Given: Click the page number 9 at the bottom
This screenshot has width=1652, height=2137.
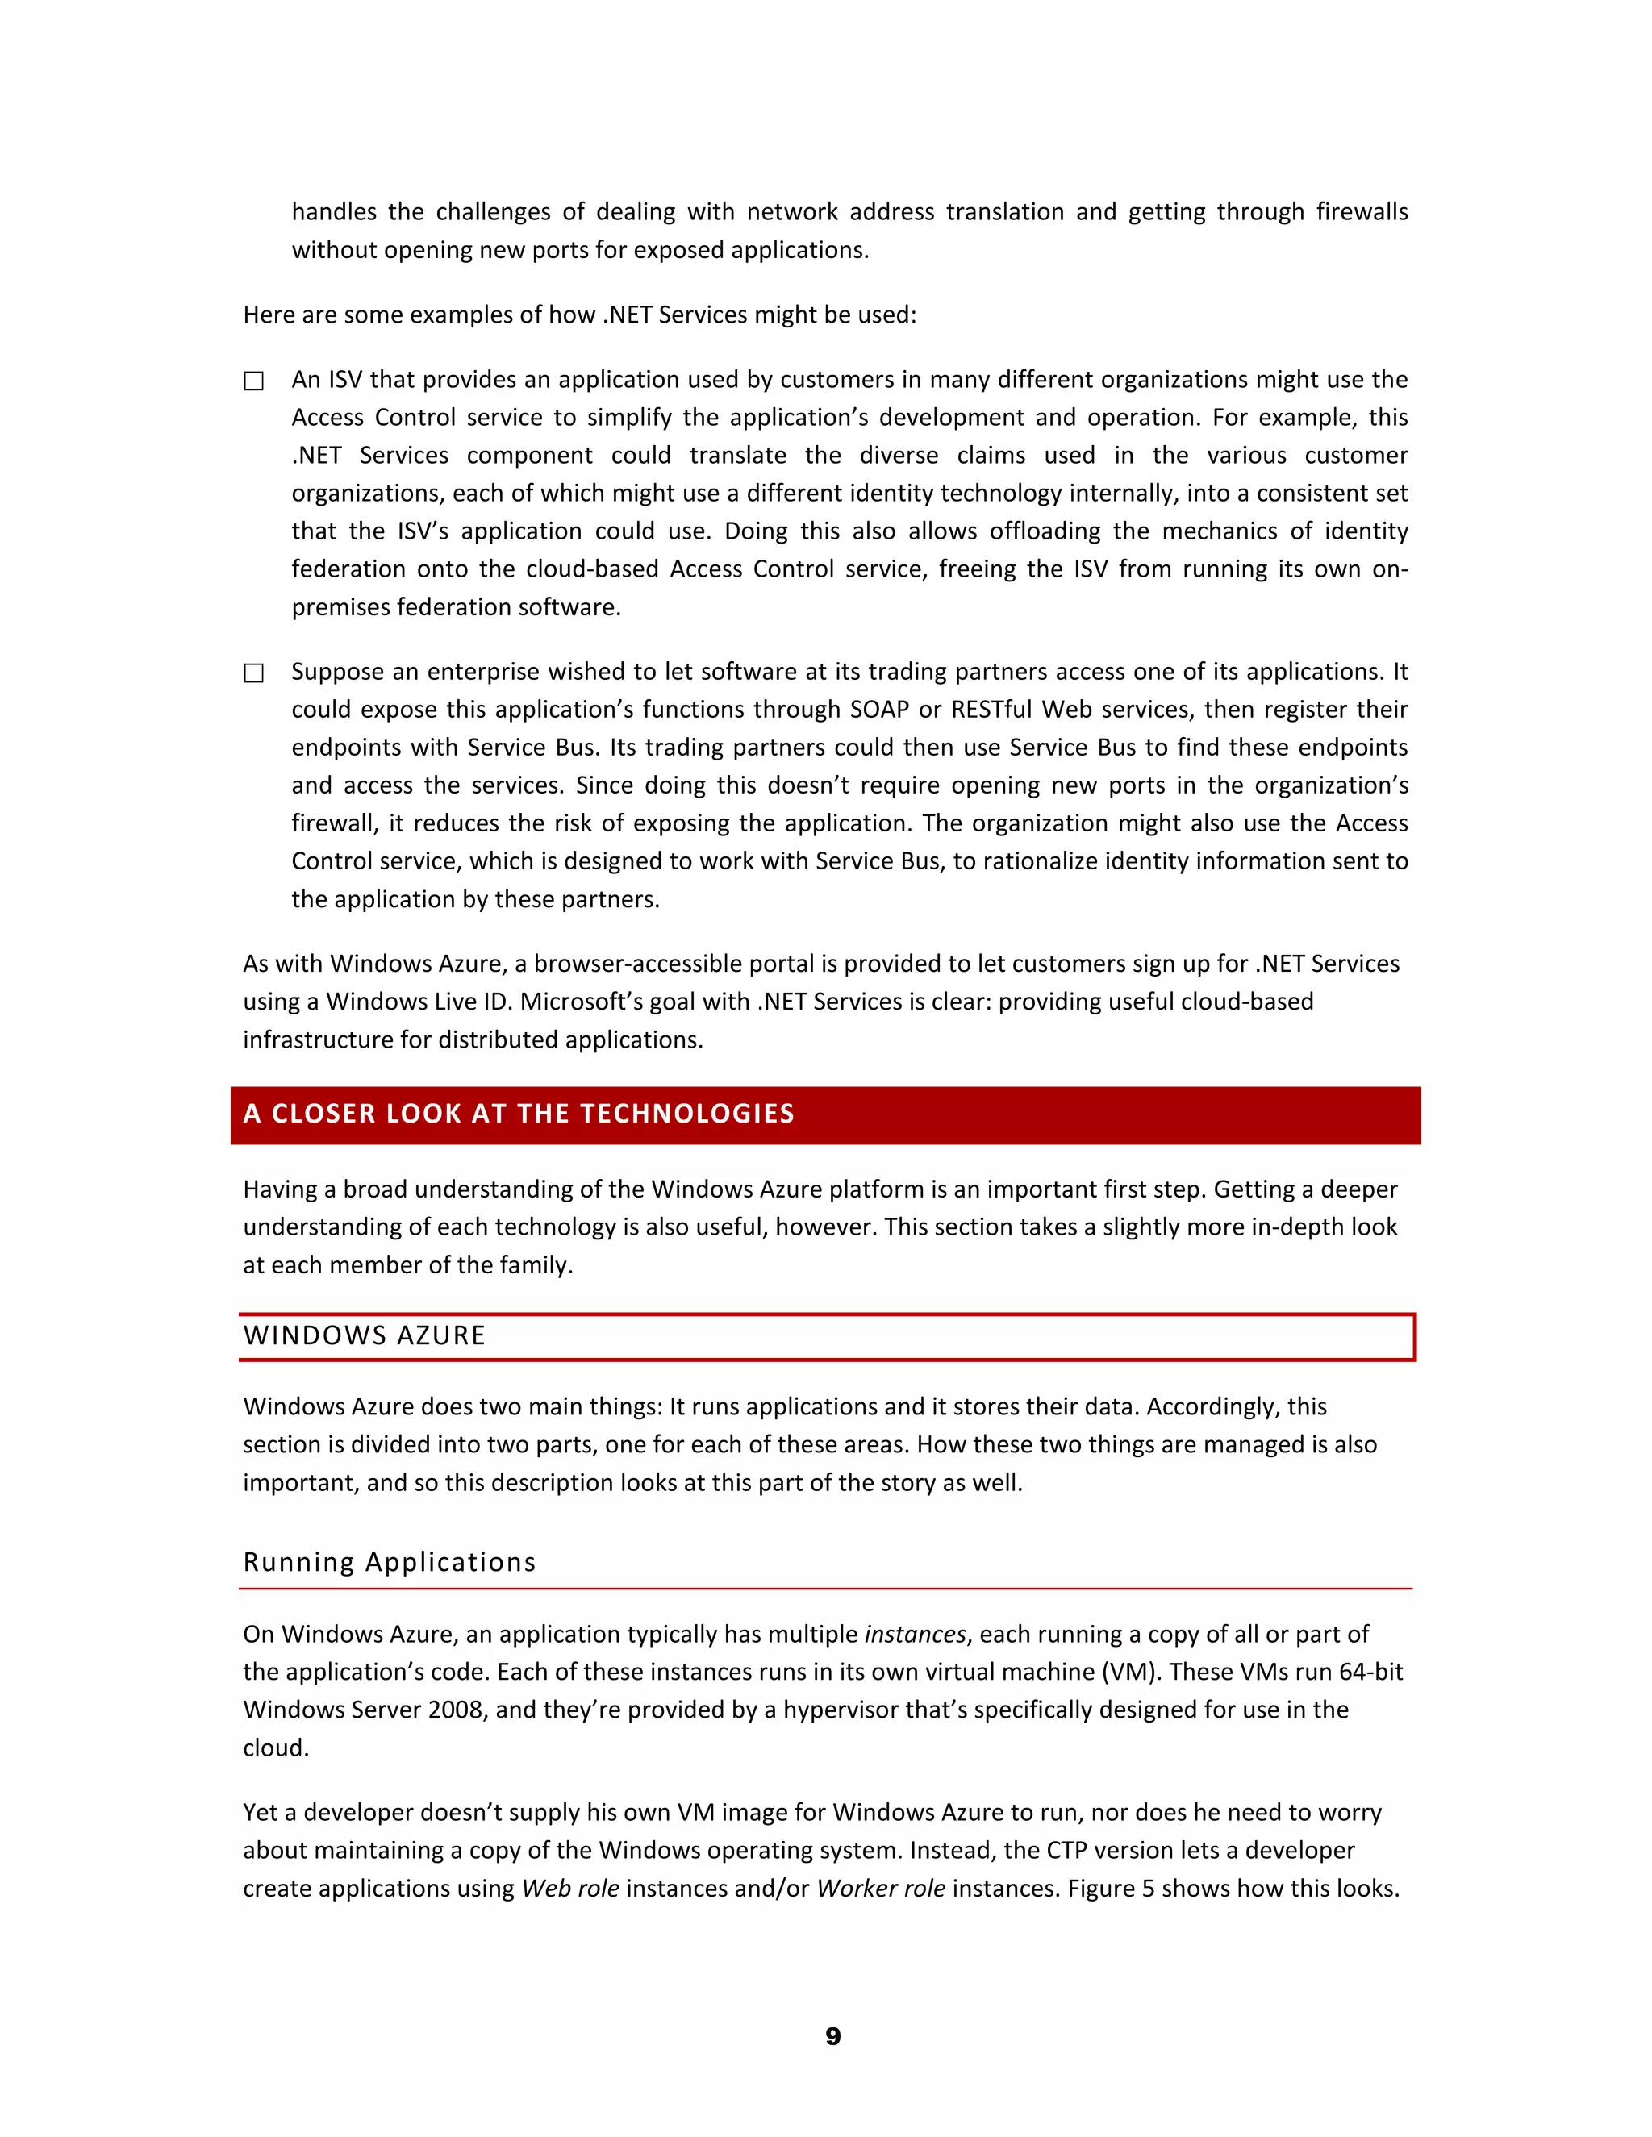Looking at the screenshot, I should pos(832,2036).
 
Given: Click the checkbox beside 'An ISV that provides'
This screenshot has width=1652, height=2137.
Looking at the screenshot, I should pos(253,381).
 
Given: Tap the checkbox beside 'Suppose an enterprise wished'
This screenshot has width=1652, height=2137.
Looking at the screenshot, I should pos(253,673).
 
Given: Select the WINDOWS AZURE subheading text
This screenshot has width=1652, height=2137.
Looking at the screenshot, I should pos(364,1335).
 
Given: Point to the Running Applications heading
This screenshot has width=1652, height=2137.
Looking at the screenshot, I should pos(390,1562).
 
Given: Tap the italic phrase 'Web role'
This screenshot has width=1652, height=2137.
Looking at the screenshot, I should pos(569,1889).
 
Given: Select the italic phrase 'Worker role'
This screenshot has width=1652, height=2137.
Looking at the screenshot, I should pos(881,1889).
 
